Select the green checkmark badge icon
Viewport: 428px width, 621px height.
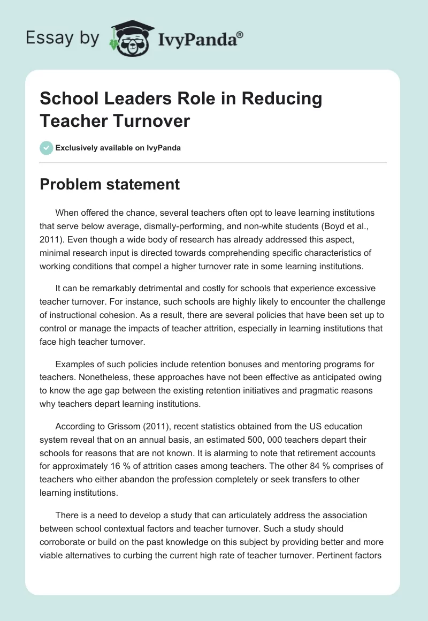47,148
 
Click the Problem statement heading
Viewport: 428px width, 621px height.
110,185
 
